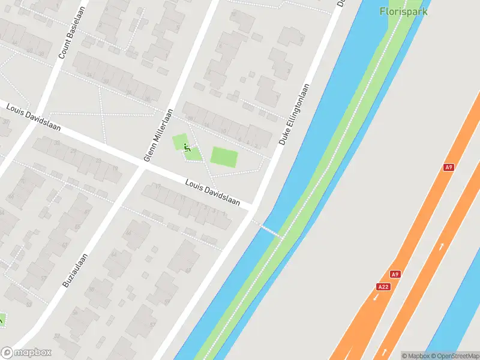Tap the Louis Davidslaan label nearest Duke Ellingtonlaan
(x=212, y=193)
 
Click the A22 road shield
(x=383, y=287)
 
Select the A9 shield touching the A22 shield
(x=394, y=274)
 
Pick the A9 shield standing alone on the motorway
(x=448, y=167)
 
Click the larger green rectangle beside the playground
(x=224, y=158)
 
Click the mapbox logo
(x=26, y=353)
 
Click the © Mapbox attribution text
(x=416, y=355)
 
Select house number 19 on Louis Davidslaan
(x=115, y=169)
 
